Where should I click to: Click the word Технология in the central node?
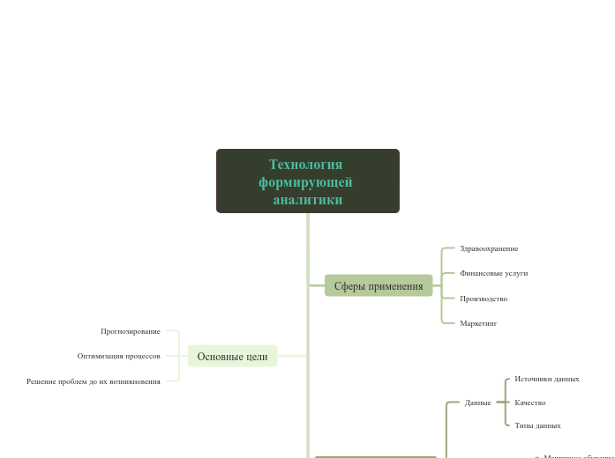pos(305,165)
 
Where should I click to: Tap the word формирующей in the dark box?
pos(305,182)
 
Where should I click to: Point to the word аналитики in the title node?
pos(307,200)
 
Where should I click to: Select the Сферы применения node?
pos(379,285)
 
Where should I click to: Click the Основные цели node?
pos(232,356)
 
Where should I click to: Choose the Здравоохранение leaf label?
pos(489,248)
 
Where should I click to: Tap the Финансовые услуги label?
pos(493,273)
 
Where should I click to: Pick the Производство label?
pos(484,299)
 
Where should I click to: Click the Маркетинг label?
pos(478,323)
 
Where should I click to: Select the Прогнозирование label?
pos(131,331)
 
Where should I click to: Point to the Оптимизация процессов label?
pos(119,356)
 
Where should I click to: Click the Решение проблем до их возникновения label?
pos(94,381)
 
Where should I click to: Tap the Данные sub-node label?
pos(478,403)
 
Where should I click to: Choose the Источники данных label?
pos(547,379)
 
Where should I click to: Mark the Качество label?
pos(530,403)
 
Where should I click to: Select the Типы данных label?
pos(537,425)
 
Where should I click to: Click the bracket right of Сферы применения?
pos(442,285)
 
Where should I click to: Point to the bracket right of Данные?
pos(505,403)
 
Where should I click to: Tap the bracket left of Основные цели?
pos(179,356)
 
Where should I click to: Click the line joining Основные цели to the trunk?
pos(292,356)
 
